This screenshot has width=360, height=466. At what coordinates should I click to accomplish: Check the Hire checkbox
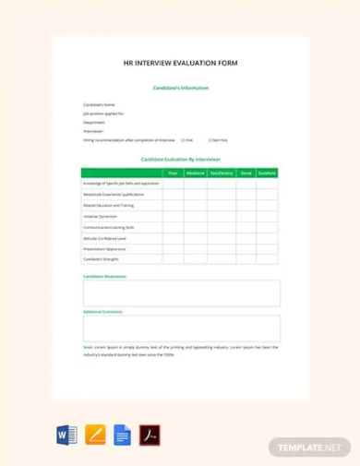(183, 139)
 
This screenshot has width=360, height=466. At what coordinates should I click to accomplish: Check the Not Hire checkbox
(210, 139)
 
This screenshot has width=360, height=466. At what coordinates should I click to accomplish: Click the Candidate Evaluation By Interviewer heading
(180, 160)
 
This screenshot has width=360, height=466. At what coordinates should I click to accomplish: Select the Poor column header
(172, 173)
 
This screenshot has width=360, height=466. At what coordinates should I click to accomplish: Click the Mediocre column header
(195, 173)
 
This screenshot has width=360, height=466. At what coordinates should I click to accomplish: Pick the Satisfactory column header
(222, 173)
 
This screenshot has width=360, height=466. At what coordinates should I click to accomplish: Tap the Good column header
(246, 173)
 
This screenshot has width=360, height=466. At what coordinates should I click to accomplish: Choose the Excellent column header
(267, 173)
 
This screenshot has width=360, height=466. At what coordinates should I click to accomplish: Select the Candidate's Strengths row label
(101, 259)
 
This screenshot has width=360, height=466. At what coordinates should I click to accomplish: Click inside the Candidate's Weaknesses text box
(181, 293)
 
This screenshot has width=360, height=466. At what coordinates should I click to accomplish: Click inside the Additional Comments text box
(181, 329)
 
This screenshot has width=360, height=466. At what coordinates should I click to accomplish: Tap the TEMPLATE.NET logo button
(310, 447)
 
